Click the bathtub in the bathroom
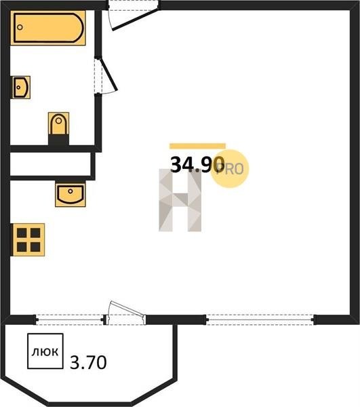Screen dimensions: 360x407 pos(48,28)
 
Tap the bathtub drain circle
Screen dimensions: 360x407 pos(20,27)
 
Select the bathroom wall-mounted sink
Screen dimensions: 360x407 pos(21,88)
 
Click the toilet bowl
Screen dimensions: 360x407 pos(58,123)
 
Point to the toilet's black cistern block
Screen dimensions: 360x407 pos(58,140)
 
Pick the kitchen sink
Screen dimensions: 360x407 pos(71,195)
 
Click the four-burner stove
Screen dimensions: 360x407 pos(28,239)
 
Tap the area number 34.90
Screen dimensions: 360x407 pos(197,165)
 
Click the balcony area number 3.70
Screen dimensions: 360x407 pos(88,362)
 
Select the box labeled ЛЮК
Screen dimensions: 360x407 pos(45,351)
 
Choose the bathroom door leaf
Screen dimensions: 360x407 pos(109,75)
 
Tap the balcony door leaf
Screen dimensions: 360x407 pos(127,309)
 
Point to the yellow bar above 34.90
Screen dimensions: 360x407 pos(198,146)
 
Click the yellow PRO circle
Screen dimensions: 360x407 pos(230,169)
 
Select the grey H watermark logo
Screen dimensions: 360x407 pos(180,200)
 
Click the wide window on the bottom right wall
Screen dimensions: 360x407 pos(260,319)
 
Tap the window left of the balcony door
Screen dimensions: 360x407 pos(70,319)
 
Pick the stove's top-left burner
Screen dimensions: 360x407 pos(22,233)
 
